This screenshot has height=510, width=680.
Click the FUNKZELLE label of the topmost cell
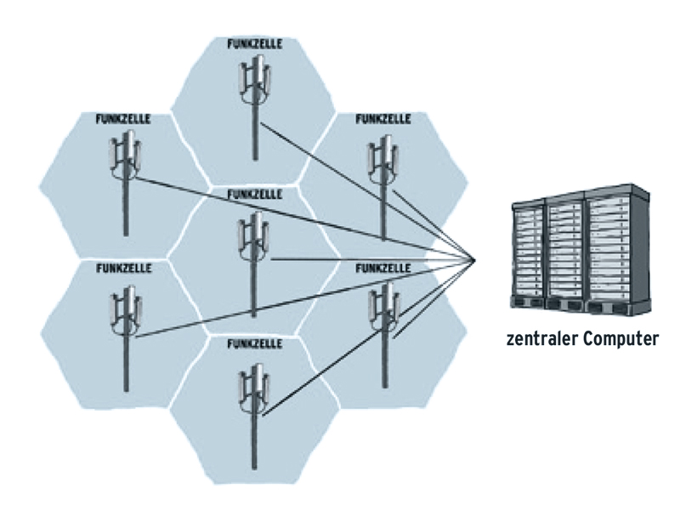pos(255,42)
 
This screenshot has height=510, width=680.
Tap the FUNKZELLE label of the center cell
pos(255,194)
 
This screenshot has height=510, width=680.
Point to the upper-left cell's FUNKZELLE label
pos(123,119)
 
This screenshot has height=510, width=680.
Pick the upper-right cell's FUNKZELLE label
pos(384,119)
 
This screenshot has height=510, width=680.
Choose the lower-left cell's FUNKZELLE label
pos(124,268)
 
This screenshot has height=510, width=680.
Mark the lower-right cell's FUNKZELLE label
pos(384,268)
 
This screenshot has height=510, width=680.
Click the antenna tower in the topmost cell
pos(254,102)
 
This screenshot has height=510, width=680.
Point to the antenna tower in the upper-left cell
pos(124,178)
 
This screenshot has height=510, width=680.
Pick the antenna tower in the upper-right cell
pos(382,178)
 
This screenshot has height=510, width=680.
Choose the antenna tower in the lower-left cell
pos(125,331)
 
